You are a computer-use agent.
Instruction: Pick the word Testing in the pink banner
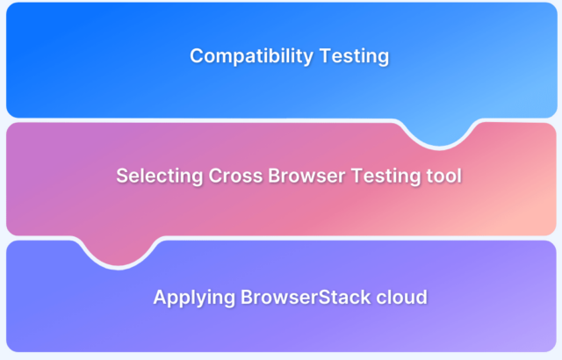pyautogui.click(x=388, y=176)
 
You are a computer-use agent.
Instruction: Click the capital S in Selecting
pyautogui.click(x=122, y=176)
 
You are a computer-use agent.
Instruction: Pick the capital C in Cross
pyautogui.click(x=216, y=176)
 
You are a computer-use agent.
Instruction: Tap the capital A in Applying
pyautogui.click(x=160, y=297)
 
